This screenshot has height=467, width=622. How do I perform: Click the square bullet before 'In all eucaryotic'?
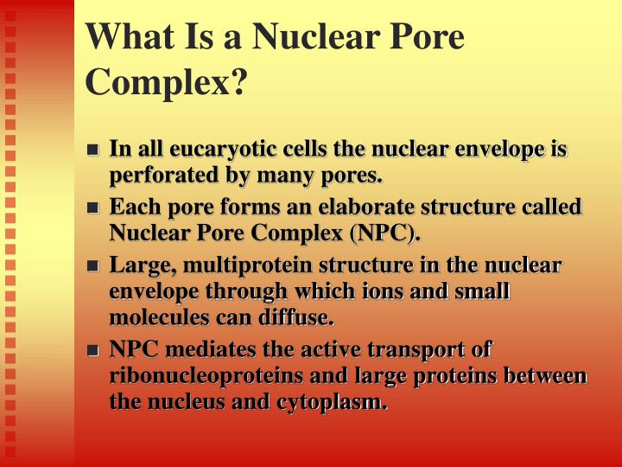coord(94,150)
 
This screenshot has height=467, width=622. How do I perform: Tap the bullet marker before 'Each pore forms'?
coord(94,208)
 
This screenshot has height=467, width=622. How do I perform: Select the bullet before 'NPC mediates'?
coord(94,351)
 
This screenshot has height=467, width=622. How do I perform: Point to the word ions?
coord(364,292)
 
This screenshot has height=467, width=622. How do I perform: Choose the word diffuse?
coord(298,318)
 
